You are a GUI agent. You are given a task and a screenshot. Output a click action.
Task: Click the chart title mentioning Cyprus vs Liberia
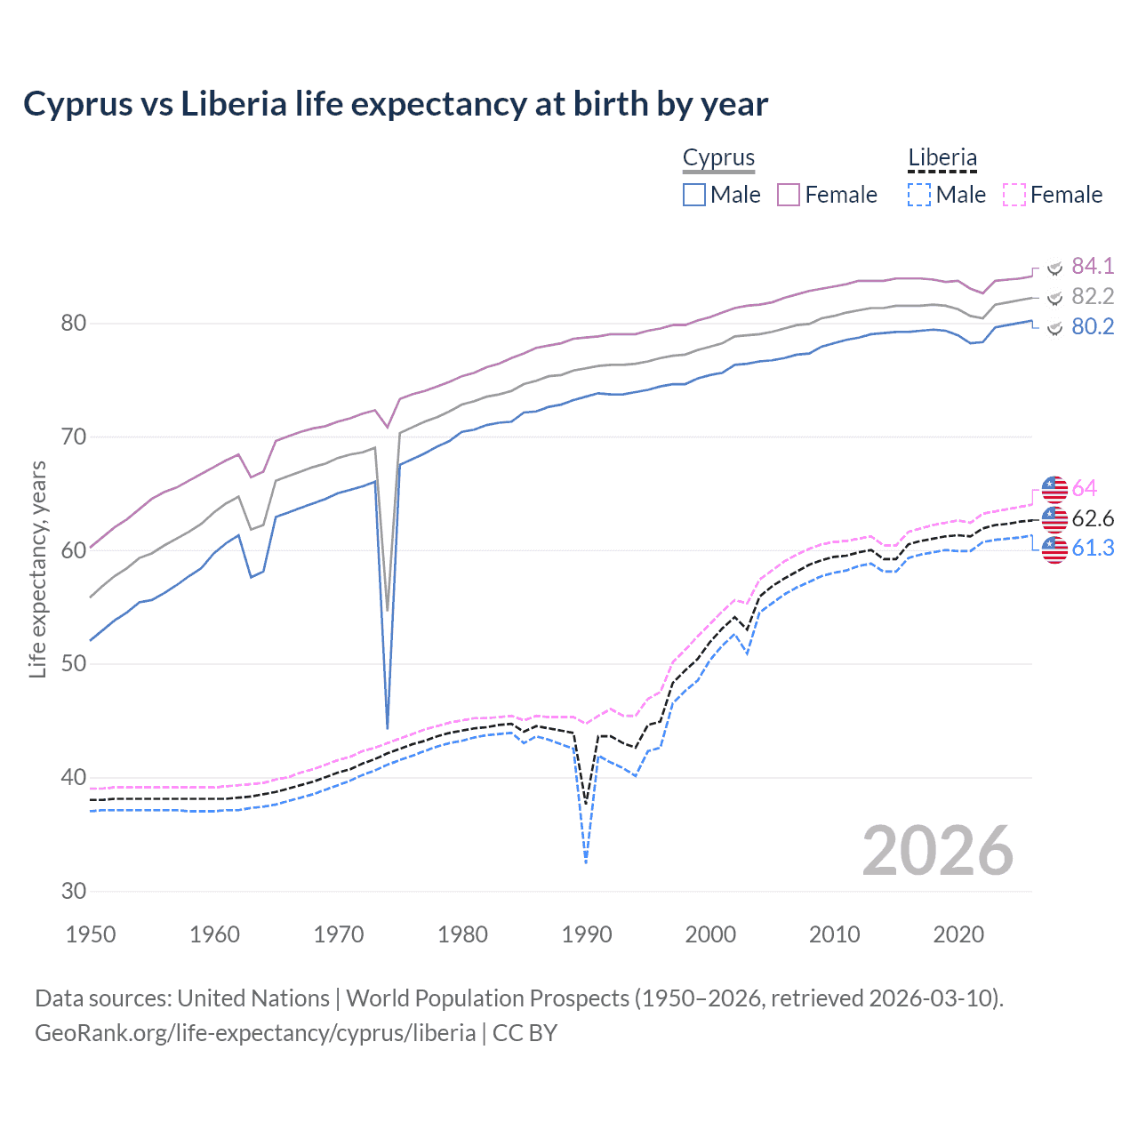click(396, 104)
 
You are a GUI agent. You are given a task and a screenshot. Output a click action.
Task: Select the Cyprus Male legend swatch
click(694, 195)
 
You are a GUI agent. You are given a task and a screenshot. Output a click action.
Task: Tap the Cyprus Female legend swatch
click(789, 195)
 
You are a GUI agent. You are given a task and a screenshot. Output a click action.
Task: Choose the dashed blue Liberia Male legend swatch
click(919, 195)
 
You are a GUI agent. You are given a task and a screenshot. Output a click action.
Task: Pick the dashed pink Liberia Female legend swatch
click(1014, 195)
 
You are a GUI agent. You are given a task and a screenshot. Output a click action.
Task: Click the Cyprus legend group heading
click(718, 157)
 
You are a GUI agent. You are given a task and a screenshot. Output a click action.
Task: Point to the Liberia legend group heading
click(942, 157)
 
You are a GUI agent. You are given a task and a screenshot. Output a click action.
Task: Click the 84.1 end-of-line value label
click(1093, 266)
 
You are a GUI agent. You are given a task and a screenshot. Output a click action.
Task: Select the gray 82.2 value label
click(1093, 296)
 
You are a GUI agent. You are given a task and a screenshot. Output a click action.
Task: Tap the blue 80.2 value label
click(1093, 326)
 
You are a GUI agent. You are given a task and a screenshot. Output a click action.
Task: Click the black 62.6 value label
click(1093, 518)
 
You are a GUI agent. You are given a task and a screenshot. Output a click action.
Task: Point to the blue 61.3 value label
click(1093, 548)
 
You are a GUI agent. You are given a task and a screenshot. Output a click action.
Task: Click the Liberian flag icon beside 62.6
click(1054, 519)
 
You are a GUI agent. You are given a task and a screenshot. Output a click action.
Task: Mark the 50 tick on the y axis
click(74, 664)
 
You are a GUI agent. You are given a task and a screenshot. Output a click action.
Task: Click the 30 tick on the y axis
click(74, 891)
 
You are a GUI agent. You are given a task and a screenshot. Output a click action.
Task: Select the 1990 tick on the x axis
click(587, 934)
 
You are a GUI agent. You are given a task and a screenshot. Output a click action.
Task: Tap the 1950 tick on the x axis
click(91, 934)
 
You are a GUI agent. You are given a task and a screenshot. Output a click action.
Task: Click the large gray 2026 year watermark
click(937, 851)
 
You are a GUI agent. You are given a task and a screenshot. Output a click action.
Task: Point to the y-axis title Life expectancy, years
click(37, 569)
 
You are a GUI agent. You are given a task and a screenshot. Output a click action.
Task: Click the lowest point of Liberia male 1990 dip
click(586, 862)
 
